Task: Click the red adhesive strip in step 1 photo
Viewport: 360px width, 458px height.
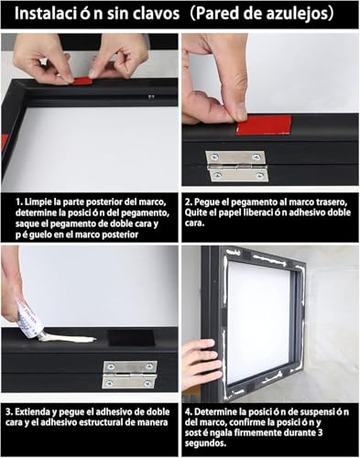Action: pyautogui.click(x=82, y=82)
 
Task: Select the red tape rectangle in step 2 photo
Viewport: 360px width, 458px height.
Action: pyautogui.click(x=264, y=125)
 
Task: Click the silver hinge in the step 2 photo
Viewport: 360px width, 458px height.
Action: pyautogui.click(x=236, y=166)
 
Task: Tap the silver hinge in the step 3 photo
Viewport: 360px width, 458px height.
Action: pyautogui.click(x=130, y=375)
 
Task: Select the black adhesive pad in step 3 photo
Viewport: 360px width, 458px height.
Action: pyautogui.click(x=132, y=338)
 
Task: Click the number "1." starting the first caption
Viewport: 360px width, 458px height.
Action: pyautogui.click(x=19, y=202)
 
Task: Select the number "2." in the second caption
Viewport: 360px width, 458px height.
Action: pyautogui.click(x=189, y=202)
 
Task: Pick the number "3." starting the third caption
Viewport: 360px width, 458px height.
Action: pyautogui.click(x=9, y=411)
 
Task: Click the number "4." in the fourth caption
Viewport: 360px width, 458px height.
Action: pyautogui.click(x=189, y=411)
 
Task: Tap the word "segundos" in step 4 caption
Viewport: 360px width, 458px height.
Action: pyautogui.click(x=205, y=443)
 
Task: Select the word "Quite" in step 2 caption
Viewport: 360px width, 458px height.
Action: pyautogui.click(x=194, y=213)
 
